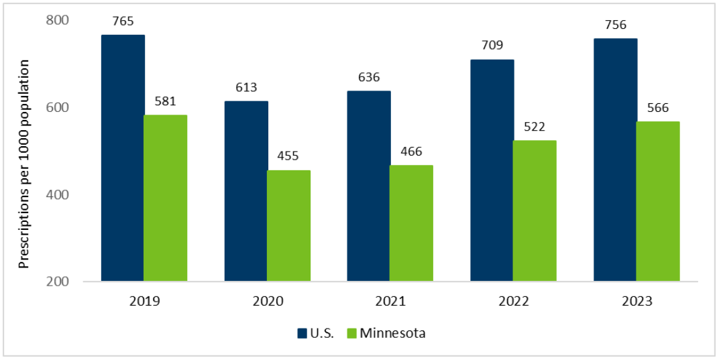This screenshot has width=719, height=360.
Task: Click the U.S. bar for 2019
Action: coord(123,158)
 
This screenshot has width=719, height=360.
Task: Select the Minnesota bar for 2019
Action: coord(166,198)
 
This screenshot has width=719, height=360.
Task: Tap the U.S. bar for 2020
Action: coord(246,191)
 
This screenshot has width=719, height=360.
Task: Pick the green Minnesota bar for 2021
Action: coord(411,223)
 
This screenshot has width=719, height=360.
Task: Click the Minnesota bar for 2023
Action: coord(658,201)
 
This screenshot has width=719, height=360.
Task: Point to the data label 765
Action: coord(123,21)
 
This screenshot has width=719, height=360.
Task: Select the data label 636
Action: coord(369,77)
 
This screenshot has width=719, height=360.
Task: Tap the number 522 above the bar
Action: coord(535,127)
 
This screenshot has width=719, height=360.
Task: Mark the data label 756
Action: coord(615,25)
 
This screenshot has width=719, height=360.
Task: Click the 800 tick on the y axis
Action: coord(58,20)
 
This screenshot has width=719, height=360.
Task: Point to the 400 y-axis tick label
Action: coord(58,194)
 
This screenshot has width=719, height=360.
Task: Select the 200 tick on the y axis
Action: coord(58,282)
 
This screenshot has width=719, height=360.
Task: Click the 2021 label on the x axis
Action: coord(390,302)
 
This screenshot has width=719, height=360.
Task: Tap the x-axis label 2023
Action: coord(637,302)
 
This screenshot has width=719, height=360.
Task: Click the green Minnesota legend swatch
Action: coord(352,333)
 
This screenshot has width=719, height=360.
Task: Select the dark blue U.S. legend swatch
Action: coord(301,333)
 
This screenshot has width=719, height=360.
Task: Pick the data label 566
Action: coord(658,108)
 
